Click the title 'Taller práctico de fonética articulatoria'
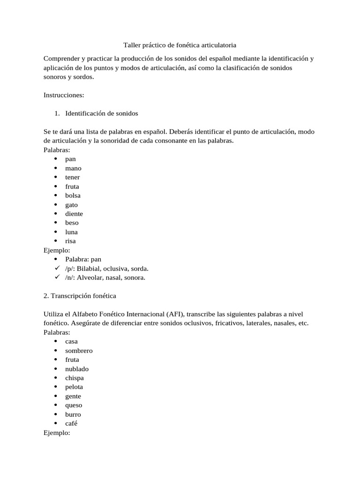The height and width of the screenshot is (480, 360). coord(180,45)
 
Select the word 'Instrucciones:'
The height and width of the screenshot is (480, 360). coord(64,95)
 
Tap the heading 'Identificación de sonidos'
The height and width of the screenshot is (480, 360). coord(101,113)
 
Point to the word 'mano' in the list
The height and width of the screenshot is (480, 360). coord(73,168)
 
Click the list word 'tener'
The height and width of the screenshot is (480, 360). coord(73,177)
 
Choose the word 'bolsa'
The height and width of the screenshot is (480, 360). coord(73,195)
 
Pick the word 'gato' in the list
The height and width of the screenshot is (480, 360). coord(72,205)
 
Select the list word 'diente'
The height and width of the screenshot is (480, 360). coord(74,214)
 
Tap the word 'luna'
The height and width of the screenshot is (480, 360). coord(72,232)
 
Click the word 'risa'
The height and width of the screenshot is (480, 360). coord(70,241)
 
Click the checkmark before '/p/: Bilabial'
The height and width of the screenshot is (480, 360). coord(56,269)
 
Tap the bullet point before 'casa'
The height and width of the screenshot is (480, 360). coord(56,342)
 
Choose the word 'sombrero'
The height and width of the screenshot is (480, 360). coord(79,351)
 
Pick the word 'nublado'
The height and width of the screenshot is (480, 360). coord(77,369)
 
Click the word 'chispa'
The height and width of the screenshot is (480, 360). coord(75,378)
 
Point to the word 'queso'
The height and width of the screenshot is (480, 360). coord(74,405)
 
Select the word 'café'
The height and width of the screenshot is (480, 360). coord(71,424)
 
